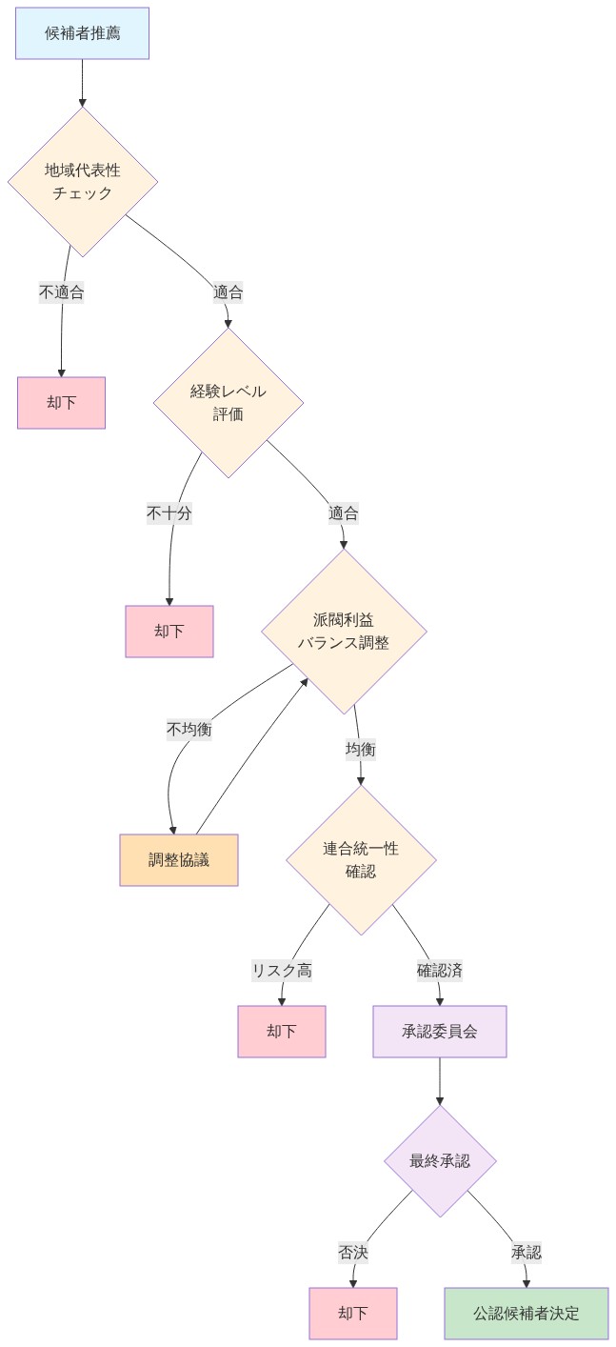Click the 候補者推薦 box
pos(82,33)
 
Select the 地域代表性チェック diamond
pos(83,181)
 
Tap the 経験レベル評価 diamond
pos(229,402)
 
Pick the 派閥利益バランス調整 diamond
pos(344,631)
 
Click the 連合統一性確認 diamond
pos(361,859)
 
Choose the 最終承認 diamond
pos(440,1160)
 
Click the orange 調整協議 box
pos(179,860)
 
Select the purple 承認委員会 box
pos(440,1032)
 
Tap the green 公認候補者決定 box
pos(527,1314)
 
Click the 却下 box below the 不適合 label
pos(61,403)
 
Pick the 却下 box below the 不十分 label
pos(169,632)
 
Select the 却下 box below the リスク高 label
pos(282,1032)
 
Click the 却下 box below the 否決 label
pos(353,1314)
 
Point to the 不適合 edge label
pos(62,292)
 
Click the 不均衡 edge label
pos(189,729)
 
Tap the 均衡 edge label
pos(360,750)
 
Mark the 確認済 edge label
pos(439,971)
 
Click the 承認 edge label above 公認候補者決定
pos(526,1252)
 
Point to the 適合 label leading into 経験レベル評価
pos(228,292)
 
